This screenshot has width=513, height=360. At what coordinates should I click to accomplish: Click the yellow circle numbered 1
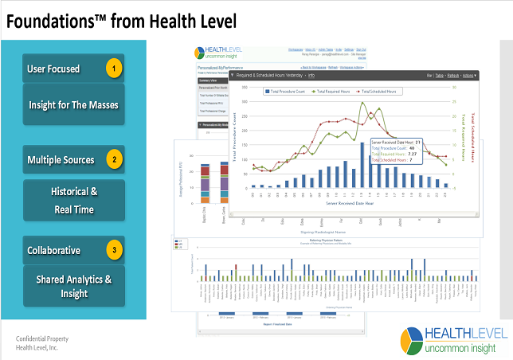click(115, 68)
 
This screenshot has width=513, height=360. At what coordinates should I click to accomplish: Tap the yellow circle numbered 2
click(115, 160)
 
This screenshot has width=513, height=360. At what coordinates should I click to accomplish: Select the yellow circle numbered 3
click(115, 250)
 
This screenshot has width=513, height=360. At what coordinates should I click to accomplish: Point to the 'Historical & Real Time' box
click(73, 201)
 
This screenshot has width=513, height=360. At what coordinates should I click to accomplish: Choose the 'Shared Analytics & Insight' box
click(73, 285)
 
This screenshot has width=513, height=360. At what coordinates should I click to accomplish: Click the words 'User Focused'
click(53, 68)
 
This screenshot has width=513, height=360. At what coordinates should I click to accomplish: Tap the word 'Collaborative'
click(53, 250)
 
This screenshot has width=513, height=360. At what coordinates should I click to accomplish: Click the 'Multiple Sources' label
click(61, 160)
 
